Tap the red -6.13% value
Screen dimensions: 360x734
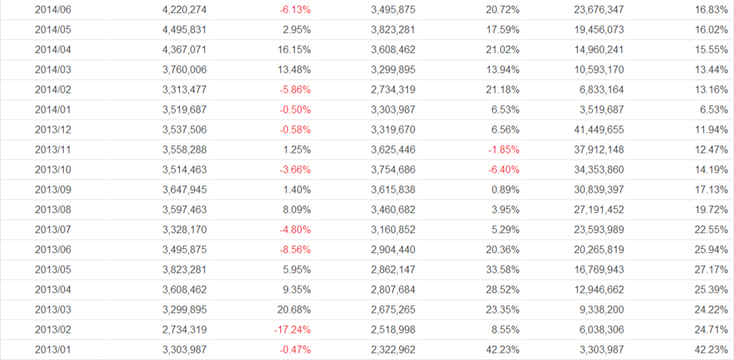pos(295,10)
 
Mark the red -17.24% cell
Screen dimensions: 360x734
pos(292,329)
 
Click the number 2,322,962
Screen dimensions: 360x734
pos(393,349)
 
